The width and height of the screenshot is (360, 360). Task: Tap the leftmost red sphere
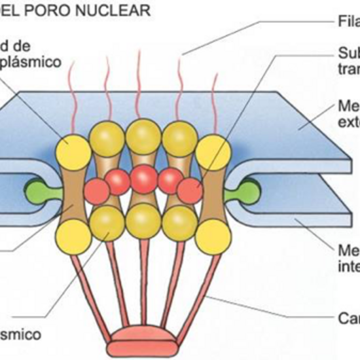click(97, 190)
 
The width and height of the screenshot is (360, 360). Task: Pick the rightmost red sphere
click(190, 190)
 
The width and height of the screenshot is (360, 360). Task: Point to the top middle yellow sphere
click(144, 136)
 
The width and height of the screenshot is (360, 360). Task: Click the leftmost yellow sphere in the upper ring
click(74, 152)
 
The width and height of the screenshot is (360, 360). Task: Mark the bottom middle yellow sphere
click(144, 221)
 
